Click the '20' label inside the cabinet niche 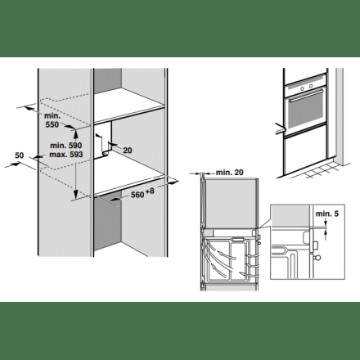click(x=127, y=150)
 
